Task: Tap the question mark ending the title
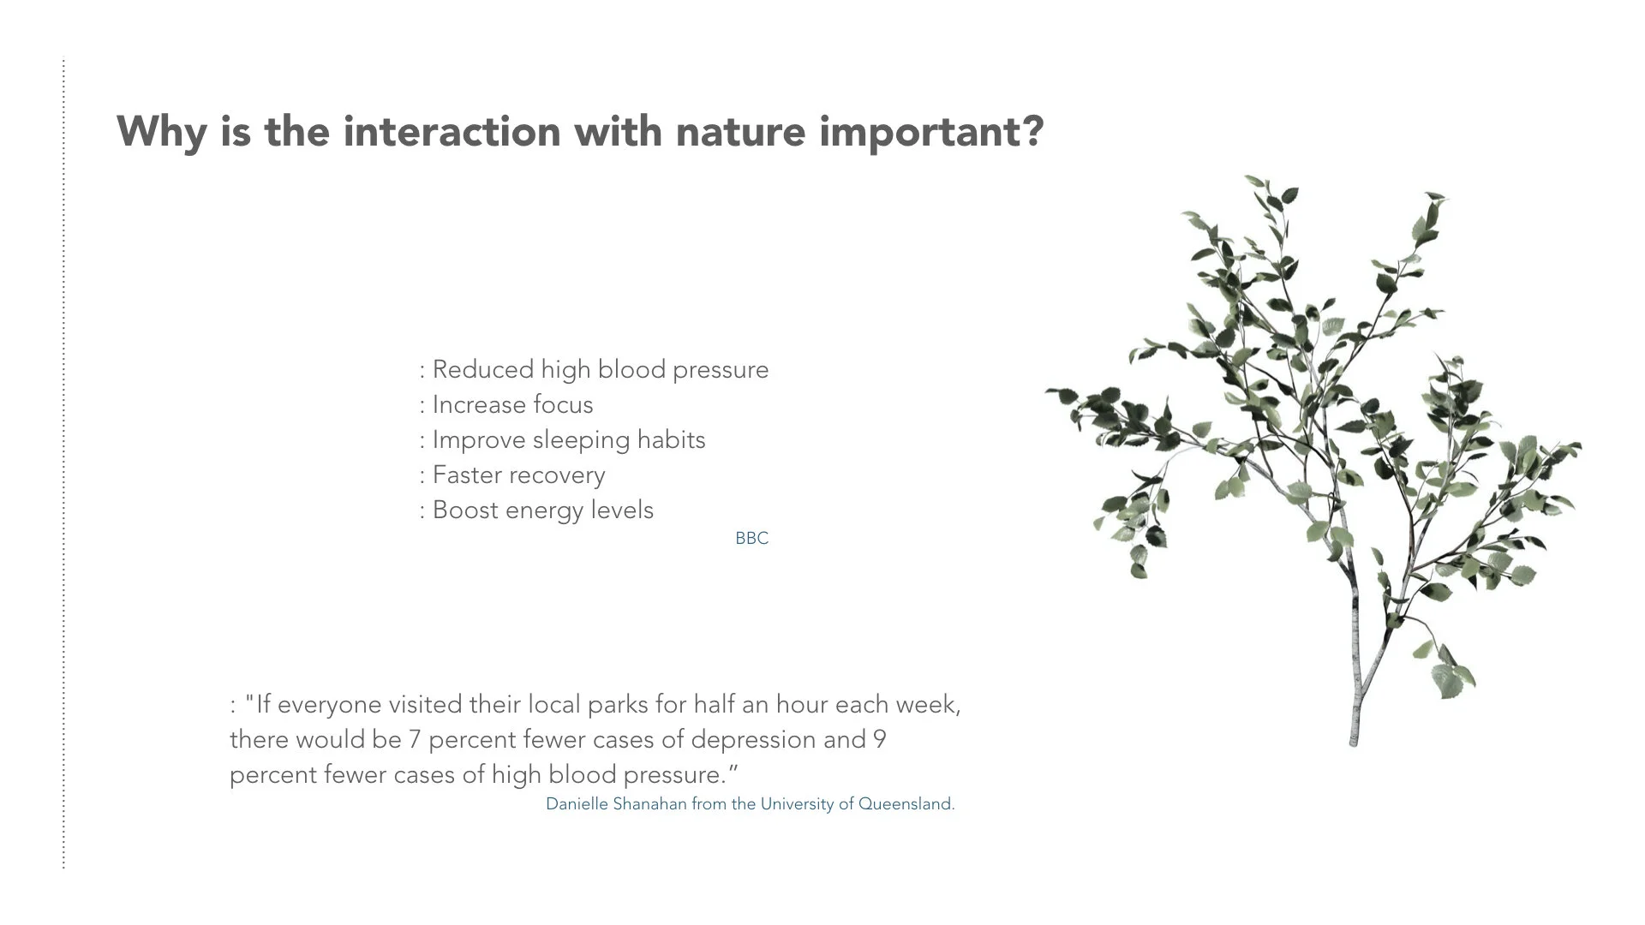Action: pyautogui.click(x=1033, y=130)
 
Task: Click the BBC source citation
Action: pyautogui.click(x=752, y=538)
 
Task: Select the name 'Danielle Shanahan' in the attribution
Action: pyautogui.click(x=616, y=804)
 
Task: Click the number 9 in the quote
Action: pyautogui.click(x=879, y=739)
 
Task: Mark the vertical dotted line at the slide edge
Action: pyautogui.click(x=63, y=463)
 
